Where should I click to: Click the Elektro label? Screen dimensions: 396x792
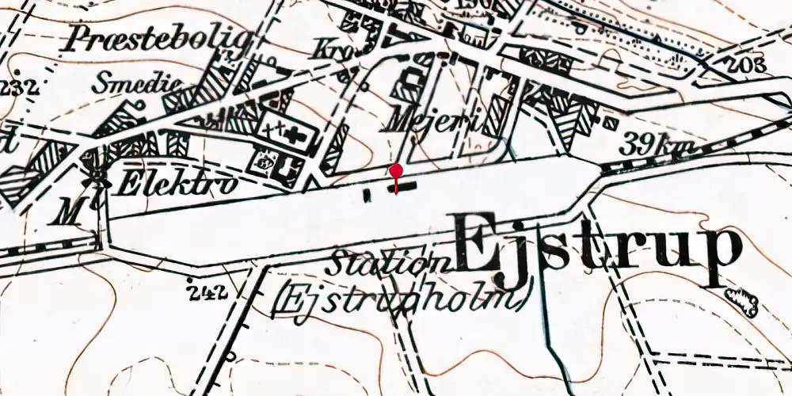[x=176, y=185]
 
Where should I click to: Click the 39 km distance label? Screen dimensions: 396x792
[x=657, y=144]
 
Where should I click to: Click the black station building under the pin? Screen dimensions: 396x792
[x=402, y=187]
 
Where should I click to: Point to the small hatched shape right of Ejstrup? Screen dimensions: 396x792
[x=743, y=299]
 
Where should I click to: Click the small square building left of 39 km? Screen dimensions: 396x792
[x=610, y=124]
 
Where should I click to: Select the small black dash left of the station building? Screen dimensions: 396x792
[x=367, y=193]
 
